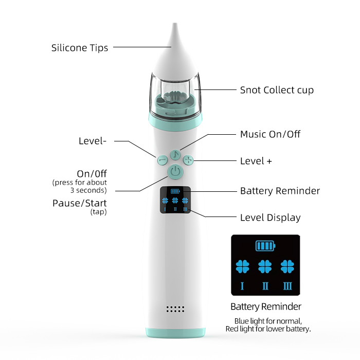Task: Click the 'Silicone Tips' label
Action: click(x=80, y=48)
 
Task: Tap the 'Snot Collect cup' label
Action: click(x=277, y=90)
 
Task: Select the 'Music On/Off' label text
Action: click(x=270, y=134)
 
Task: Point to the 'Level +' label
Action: click(x=256, y=161)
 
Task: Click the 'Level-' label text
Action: click(x=93, y=141)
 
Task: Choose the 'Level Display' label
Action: click(x=270, y=218)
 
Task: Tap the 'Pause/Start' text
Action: click(x=80, y=203)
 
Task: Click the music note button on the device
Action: click(x=175, y=154)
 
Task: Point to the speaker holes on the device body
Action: click(x=175, y=310)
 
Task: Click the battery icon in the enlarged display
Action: click(x=265, y=245)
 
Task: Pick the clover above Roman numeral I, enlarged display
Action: click(x=242, y=266)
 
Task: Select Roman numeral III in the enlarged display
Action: click(x=287, y=286)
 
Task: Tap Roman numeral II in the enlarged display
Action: click(x=265, y=286)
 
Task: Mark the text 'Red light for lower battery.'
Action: click(x=268, y=329)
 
